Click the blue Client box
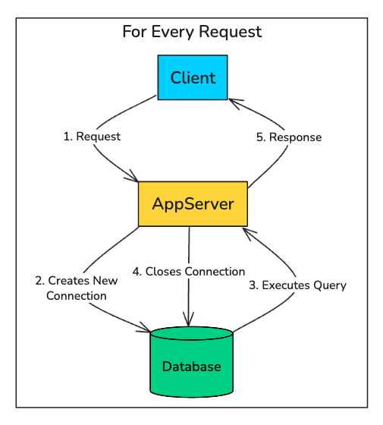(x=193, y=77)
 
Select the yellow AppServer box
(x=193, y=204)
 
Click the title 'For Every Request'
(x=192, y=32)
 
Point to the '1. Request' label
(x=92, y=137)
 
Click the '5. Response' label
(x=287, y=137)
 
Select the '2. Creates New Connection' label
(x=77, y=288)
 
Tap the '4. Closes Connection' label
(x=189, y=271)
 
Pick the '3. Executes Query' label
(x=297, y=285)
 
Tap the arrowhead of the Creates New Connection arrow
(x=146, y=330)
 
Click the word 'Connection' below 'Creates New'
(x=77, y=296)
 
